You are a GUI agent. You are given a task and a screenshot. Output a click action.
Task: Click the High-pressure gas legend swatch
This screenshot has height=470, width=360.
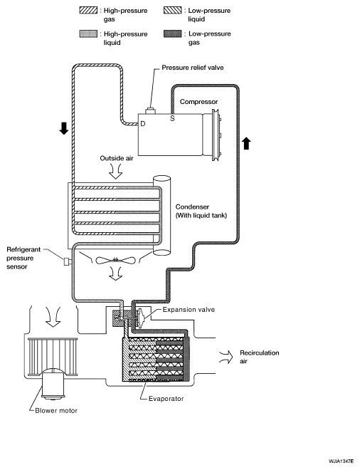point(88,11)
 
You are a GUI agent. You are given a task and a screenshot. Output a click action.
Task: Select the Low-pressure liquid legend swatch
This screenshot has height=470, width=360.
point(173,11)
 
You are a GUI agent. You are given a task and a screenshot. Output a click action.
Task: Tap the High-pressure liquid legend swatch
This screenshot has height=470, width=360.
point(88,34)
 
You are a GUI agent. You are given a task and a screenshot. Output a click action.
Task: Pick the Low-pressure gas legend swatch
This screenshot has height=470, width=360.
point(173,33)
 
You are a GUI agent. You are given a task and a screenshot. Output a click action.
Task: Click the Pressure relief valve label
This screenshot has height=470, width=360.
point(193,68)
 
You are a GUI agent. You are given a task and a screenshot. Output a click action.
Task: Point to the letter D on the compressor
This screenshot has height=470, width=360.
point(143,123)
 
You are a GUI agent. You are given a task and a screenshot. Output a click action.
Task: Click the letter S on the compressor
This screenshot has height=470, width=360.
point(172,118)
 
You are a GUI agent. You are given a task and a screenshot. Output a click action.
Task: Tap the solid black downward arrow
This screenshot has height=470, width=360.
point(64,128)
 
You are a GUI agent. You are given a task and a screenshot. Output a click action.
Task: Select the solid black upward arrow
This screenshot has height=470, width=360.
point(246,143)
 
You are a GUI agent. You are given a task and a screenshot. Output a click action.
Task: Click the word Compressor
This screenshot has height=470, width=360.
point(199,102)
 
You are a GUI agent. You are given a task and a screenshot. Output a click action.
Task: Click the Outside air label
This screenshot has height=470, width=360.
point(117,158)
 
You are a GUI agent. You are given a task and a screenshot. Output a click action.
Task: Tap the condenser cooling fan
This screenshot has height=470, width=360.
point(115,260)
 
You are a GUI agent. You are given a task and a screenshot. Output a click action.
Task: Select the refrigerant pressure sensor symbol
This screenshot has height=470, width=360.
point(66,261)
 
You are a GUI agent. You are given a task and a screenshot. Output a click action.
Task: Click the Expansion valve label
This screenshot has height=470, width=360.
point(189,309)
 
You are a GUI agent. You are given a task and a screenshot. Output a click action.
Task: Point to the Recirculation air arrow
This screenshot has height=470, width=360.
point(226,357)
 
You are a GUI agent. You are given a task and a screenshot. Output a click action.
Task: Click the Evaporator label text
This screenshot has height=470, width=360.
point(166,399)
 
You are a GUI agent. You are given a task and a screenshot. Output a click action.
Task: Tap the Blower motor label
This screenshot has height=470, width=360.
point(56,410)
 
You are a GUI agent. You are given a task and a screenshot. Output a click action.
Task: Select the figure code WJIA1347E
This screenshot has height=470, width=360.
point(341,461)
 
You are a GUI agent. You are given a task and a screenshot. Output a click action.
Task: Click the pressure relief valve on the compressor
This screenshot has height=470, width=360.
point(150,111)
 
